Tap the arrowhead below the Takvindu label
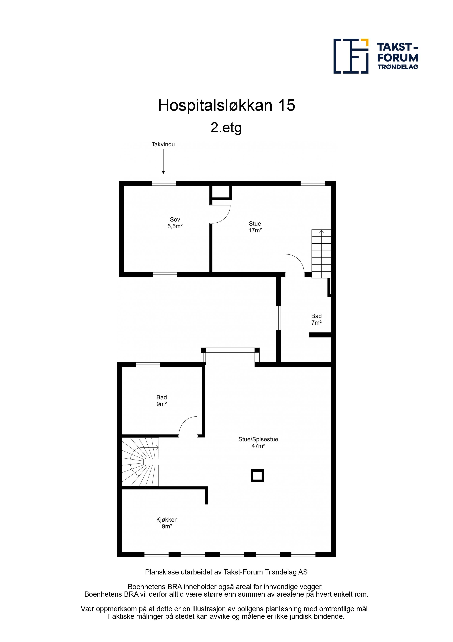click(163, 173)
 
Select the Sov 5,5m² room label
click(175, 223)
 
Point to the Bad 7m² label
click(317, 319)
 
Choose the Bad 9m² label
click(162, 401)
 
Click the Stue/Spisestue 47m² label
click(258, 443)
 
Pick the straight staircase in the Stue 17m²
click(321, 254)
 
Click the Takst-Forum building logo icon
click(351, 56)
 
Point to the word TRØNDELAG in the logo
click(398, 67)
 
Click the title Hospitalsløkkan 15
click(226, 105)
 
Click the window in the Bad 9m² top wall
click(148, 365)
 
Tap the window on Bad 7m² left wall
click(278, 318)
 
